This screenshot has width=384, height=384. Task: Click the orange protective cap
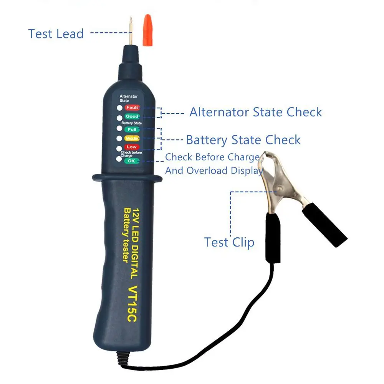point(147,30)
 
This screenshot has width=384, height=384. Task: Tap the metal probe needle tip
point(131,17)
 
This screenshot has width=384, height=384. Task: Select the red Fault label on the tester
point(132,108)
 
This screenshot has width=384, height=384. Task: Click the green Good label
point(132,116)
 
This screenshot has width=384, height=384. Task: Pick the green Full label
point(132,129)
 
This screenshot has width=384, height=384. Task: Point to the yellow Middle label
point(132,138)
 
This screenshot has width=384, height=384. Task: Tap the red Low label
point(132,147)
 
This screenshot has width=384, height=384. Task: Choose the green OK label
point(131,161)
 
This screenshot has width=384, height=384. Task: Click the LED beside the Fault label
point(119,108)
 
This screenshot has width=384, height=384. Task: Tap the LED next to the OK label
point(119,159)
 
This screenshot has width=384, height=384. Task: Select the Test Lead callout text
point(56,34)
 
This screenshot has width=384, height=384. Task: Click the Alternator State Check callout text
point(256,112)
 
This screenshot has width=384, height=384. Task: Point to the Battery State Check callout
point(243,140)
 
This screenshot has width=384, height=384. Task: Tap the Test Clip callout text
point(229,242)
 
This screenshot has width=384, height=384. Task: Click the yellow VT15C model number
point(133,304)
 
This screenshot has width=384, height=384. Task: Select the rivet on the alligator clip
point(280,189)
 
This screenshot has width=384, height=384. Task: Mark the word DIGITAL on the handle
point(135,262)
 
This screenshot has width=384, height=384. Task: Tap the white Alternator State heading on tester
point(129,98)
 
